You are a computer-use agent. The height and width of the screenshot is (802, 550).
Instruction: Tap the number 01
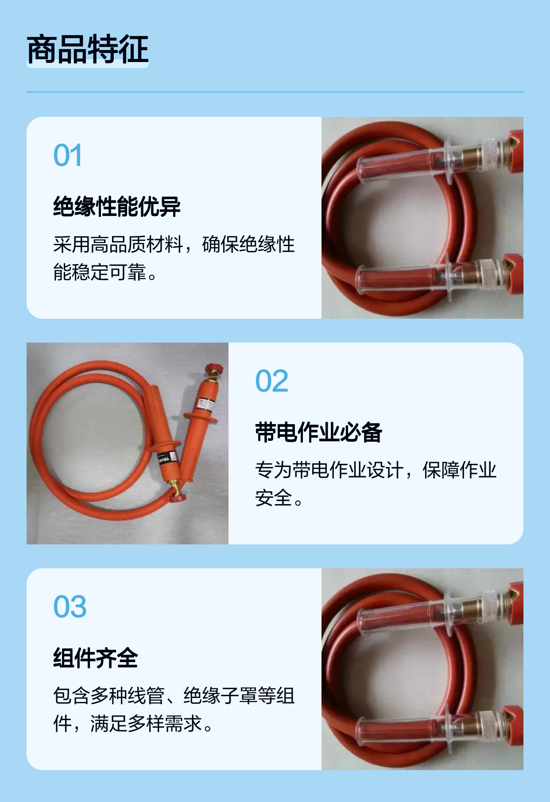(68, 155)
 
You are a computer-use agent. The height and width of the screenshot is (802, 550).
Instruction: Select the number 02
(272, 381)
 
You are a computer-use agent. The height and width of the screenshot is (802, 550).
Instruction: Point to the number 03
(70, 607)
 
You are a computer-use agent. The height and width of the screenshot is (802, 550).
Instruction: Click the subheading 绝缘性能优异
(117, 207)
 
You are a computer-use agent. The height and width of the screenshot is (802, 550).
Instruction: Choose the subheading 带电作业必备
(318, 432)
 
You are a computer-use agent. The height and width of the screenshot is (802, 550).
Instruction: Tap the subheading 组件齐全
(96, 658)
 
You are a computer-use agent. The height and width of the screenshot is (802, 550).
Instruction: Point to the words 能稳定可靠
(100, 272)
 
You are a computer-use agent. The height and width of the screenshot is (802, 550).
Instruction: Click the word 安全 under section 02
(273, 498)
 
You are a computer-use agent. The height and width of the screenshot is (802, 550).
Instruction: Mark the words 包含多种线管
(109, 696)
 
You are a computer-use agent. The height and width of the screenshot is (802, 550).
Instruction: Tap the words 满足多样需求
(146, 724)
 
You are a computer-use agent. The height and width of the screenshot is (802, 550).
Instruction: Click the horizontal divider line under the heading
(275, 92)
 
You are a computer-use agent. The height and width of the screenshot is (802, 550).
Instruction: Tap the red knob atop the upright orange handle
(213, 369)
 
